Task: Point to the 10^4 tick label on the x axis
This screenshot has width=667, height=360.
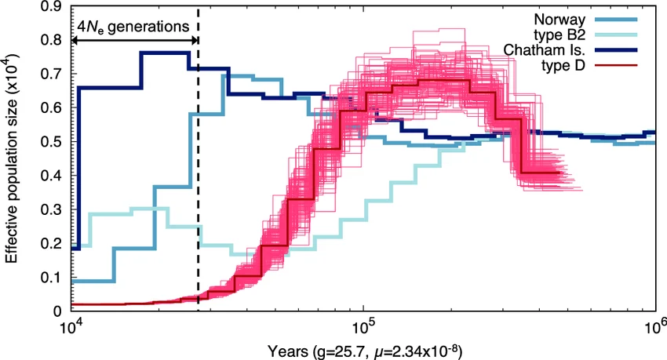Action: coord(71,324)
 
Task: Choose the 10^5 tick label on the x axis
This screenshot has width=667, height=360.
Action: coord(363,324)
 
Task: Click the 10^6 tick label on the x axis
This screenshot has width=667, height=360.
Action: coord(654,324)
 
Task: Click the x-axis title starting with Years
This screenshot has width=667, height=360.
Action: coord(363,347)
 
